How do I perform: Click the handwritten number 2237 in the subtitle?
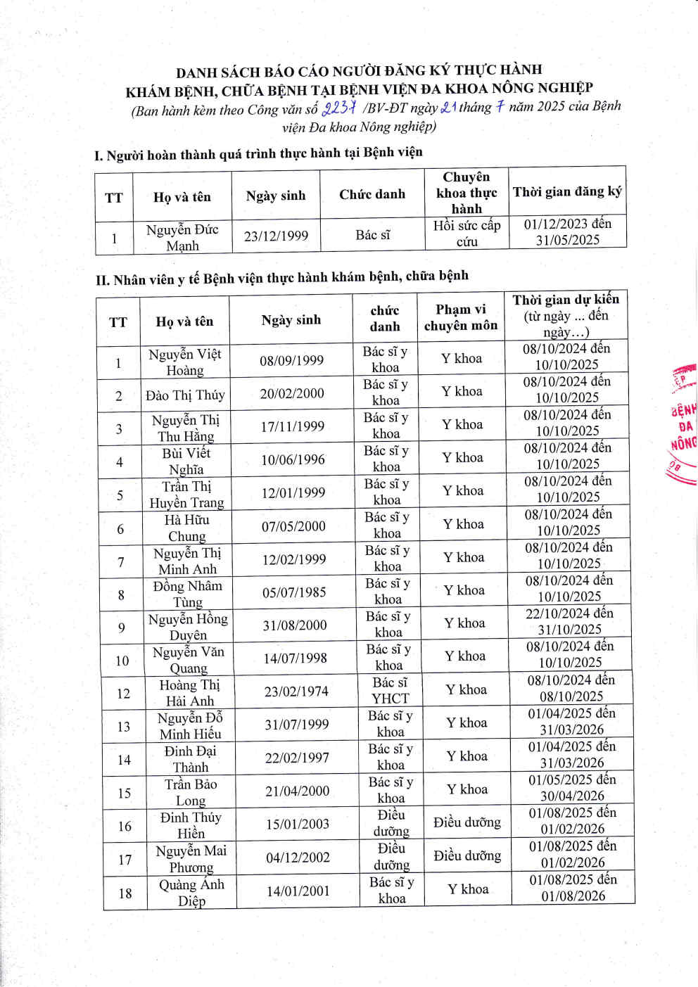pyautogui.click(x=339, y=108)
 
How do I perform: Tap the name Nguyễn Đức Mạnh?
pyautogui.click(x=182, y=238)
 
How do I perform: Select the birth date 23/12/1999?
pyautogui.click(x=276, y=236)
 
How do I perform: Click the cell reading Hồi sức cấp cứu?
pyautogui.click(x=467, y=234)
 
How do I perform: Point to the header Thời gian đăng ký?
pyautogui.click(x=567, y=191)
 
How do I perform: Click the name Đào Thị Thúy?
pyautogui.click(x=185, y=395)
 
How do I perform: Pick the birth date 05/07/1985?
pyautogui.click(x=294, y=592)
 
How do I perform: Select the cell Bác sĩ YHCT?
pyautogui.click(x=390, y=690)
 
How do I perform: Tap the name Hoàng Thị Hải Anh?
pyautogui.click(x=189, y=693)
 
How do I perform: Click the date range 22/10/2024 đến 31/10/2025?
pyautogui.click(x=569, y=621)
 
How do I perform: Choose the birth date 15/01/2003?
pyautogui.click(x=297, y=824)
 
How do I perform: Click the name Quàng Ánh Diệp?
pyautogui.click(x=191, y=893)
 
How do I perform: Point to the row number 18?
pyautogui.click(x=125, y=893)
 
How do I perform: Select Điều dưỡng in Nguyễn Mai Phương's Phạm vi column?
pyautogui.click(x=467, y=855)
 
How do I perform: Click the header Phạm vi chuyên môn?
pyautogui.click(x=460, y=317)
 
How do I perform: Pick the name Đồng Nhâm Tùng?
pyautogui.click(x=187, y=594)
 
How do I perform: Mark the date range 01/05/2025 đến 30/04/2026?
pyautogui.click(x=572, y=787)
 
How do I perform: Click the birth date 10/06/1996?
pyautogui.click(x=293, y=460)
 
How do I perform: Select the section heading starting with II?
pyautogui.click(x=281, y=277)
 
